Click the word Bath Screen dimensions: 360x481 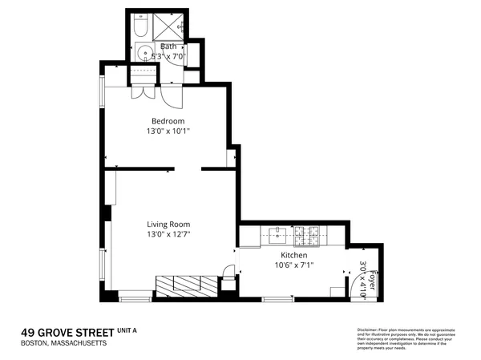point(168,47)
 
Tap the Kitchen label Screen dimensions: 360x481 point(293,254)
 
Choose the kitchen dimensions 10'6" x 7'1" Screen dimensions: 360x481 point(293,265)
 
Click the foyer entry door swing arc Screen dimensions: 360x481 point(353,280)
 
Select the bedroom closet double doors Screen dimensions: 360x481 point(143,91)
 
